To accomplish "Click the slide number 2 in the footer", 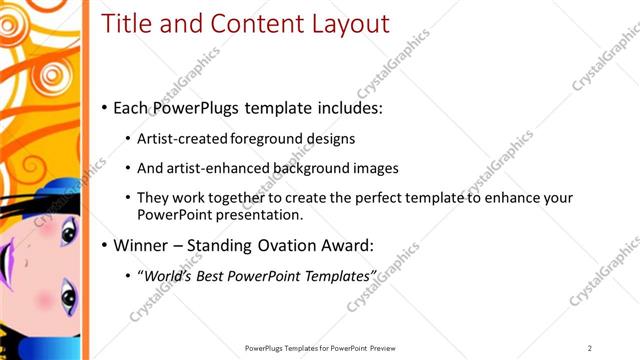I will pyautogui.click(x=590, y=347).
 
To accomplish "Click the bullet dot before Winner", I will pyautogui.click(x=105, y=245).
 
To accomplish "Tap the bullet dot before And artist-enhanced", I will pyautogui.click(x=128, y=167).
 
